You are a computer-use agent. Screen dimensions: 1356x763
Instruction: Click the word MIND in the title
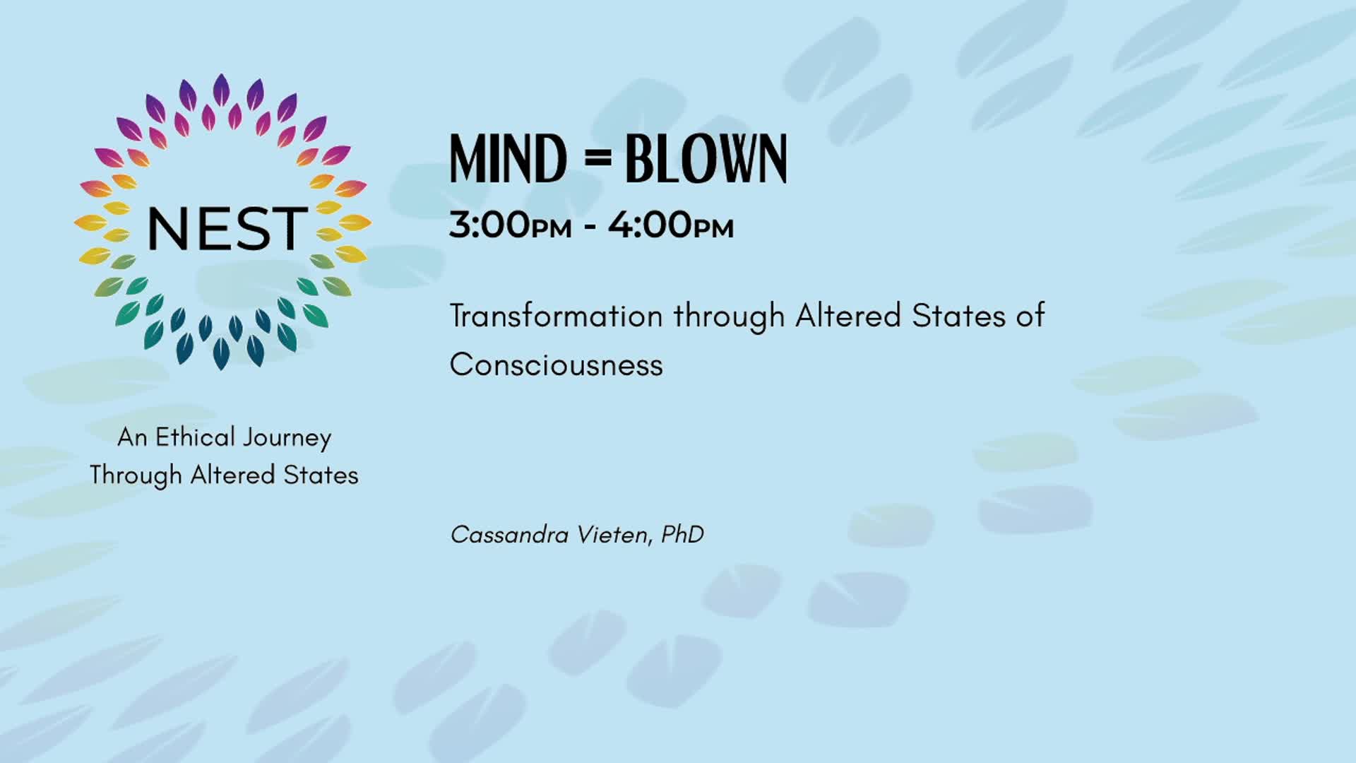point(509,159)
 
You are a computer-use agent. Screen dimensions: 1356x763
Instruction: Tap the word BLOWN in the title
point(706,159)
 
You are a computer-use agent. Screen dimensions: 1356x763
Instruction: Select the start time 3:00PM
point(511,225)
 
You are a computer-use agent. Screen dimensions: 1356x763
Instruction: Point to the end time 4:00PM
point(671,225)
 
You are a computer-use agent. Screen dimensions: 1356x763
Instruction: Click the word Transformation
point(557,316)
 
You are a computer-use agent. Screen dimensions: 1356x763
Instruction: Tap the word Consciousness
point(557,365)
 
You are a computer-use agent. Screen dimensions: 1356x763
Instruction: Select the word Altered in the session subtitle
point(848,316)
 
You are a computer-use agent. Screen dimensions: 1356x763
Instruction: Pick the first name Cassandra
point(510,535)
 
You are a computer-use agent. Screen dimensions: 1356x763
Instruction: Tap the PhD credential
point(682,535)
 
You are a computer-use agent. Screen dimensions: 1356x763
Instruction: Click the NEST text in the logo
point(227,229)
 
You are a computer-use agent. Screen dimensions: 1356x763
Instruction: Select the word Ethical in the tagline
point(195,437)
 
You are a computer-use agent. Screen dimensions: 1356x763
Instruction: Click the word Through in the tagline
point(136,475)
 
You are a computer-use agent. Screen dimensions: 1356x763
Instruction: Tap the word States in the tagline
point(321,475)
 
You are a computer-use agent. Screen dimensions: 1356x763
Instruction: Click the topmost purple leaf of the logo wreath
point(221,90)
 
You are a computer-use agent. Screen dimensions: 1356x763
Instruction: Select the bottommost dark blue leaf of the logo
point(221,353)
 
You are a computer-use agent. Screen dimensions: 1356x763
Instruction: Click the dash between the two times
point(590,227)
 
